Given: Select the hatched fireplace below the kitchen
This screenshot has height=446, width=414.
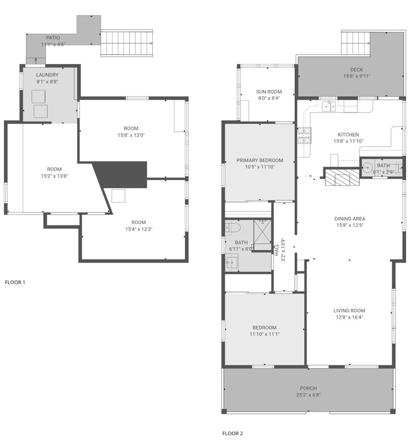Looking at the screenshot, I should [342, 177].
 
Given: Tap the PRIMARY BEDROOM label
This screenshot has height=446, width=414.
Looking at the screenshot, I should [259, 160].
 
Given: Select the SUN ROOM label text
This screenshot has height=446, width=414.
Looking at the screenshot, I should [269, 91].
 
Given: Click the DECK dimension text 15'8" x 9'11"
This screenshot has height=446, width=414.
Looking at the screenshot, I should [357, 76].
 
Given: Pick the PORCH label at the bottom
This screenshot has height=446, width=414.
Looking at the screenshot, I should [308, 388].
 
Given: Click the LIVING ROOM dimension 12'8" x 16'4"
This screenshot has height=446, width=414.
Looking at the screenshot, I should [349, 318].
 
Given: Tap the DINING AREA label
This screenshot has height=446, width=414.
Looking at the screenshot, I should [350, 219].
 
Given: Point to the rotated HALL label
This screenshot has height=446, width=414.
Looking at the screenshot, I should [277, 250].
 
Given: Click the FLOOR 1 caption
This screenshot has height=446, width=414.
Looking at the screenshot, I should [15, 282].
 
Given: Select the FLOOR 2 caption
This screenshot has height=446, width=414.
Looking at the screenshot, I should [233, 433].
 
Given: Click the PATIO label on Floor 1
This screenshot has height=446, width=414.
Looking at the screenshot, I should [53, 37].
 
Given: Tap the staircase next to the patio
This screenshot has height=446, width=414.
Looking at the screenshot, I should [127, 43].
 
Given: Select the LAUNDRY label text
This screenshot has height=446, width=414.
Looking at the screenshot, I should [47, 75].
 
